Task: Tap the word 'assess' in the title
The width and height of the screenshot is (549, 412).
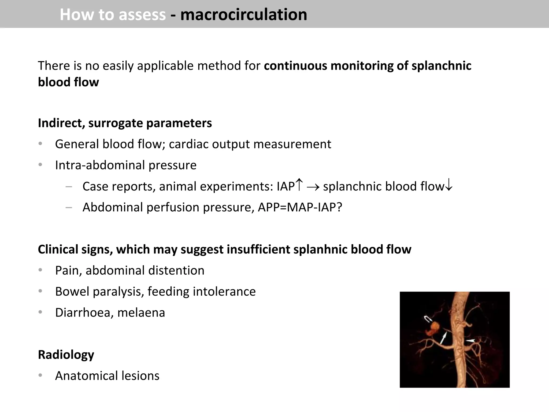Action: pos(142,14)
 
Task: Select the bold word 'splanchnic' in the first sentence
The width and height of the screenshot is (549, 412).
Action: pos(441,66)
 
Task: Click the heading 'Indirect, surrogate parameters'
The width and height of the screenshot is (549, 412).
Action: pos(125,123)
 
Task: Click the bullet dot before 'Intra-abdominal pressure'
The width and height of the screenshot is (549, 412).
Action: pos(40,165)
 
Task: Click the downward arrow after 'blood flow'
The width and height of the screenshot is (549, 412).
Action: pos(448,186)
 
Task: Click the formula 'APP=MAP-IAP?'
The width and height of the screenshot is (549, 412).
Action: pos(300,207)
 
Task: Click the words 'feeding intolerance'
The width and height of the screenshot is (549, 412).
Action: pos(201,292)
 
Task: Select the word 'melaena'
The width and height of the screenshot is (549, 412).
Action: pos(141,313)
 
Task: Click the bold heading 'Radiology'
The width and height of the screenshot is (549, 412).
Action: pos(66,355)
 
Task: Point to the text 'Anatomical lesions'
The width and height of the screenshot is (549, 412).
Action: pos(107,376)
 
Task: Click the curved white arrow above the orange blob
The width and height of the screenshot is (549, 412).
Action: pos(428,319)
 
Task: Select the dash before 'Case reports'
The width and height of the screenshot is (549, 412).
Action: pos(69,186)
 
